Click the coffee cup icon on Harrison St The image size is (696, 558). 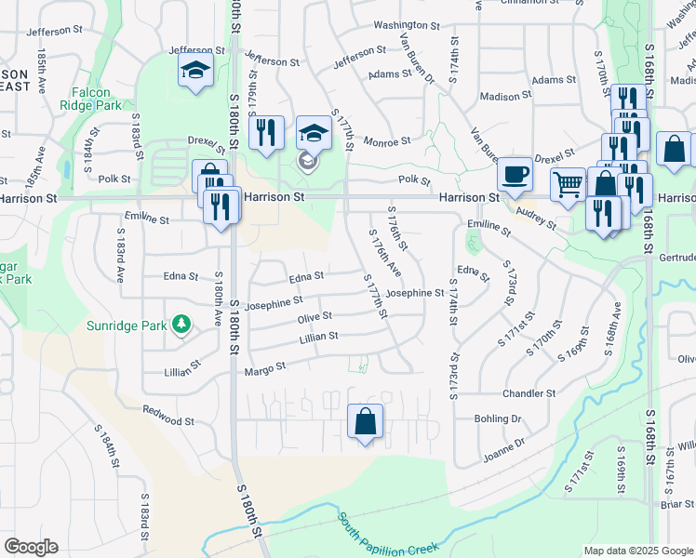[515, 174]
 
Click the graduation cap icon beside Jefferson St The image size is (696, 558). [195, 70]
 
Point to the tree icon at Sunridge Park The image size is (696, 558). [183, 325]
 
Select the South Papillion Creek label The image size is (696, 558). [382, 535]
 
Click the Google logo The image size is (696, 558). [31, 547]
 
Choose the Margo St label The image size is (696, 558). [264, 370]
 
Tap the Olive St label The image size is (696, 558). [315, 318]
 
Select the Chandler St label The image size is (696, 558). [529, 393]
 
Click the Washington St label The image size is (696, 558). [407, 25]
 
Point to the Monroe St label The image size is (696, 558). [386, 141]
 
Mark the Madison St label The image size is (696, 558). [506, 96]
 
